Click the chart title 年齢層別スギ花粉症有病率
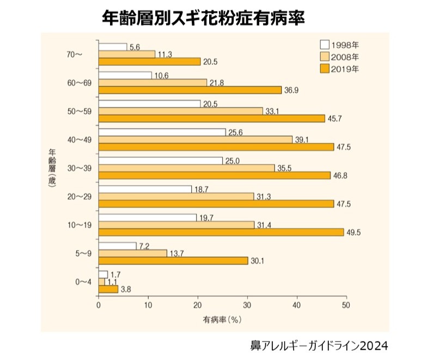pos(204,19)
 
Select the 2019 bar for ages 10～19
pos(221,233)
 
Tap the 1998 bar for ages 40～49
pos(162,132)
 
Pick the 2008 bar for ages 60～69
pos(152,82)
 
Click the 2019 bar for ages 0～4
pos(108,289)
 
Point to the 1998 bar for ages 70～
pos(112,47)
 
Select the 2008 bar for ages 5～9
pos(132,253)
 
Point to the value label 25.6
pos(234,132)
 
